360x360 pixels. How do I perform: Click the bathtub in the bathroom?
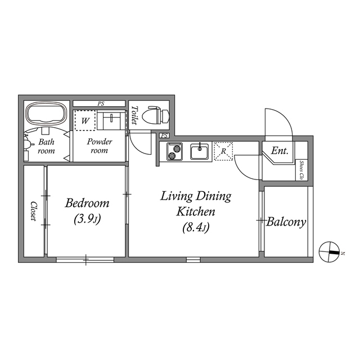[x=47, y=114]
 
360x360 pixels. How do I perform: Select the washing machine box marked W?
[x=85, y=120]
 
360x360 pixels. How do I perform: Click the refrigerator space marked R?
[x=223, y=151]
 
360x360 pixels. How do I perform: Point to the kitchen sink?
[x=200, y=151]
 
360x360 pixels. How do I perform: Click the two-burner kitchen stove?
[x=175, y=151]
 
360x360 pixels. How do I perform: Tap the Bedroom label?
[x=87, y=204]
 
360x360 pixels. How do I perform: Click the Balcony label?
[x=286, y=222]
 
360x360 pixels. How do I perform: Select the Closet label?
[x=34, y=211]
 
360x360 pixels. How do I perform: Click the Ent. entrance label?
[x=280, y=151]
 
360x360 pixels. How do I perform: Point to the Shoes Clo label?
[x=301, y=170]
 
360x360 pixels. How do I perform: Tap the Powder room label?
[x=100, y=146]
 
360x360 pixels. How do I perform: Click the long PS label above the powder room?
[x=101, y=103]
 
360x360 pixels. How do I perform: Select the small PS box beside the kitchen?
[x=164, y=136]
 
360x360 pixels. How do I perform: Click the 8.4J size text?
[x=196, y=228]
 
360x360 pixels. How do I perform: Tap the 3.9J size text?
[x=87, y=219]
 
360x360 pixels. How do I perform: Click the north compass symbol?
[x=329, y=252]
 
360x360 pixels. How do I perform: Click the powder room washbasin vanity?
[x=111, y=120]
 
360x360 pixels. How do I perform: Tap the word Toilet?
[x=134, y=115]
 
